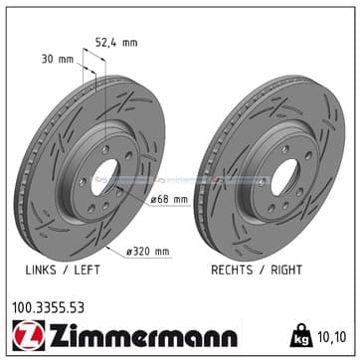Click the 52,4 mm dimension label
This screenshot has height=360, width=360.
116,43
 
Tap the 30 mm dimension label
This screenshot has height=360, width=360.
57,60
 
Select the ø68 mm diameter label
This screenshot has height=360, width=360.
169,199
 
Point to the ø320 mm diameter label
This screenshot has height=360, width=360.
148,252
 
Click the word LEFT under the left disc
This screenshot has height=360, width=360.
87,270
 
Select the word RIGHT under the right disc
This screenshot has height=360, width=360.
286,270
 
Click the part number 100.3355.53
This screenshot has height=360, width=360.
48,308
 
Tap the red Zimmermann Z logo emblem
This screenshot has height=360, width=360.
29,335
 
